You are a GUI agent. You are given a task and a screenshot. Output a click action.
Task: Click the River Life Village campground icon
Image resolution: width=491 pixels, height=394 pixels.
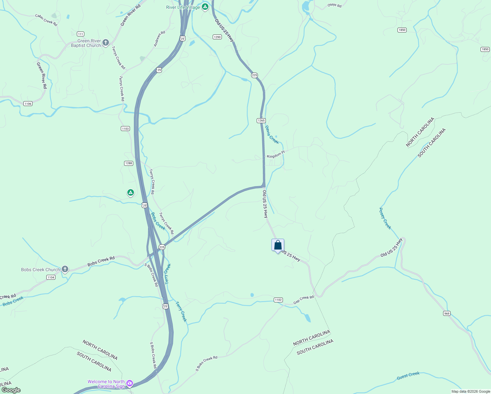[205, 7]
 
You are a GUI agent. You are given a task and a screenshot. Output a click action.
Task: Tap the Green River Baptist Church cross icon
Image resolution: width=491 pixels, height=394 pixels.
[105, 42]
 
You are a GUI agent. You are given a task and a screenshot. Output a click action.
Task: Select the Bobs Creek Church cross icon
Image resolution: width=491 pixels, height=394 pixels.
[65, 270]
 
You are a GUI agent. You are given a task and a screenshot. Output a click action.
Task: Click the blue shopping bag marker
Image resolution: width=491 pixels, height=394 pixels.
[278, 245]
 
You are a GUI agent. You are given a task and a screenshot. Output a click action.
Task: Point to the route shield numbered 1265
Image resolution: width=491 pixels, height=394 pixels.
[261, 120]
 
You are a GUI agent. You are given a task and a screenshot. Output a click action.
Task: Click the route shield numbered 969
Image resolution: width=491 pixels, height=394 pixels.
[447, 314]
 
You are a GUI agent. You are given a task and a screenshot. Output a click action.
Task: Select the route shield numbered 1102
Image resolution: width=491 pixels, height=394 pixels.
[278, 300]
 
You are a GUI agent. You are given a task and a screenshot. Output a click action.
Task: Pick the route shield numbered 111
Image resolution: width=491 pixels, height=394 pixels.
[80, 34]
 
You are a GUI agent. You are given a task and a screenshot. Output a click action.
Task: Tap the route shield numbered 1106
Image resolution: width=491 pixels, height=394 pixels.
[28, 104]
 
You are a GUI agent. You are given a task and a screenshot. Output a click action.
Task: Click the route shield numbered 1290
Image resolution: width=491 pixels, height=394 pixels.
[217, 37]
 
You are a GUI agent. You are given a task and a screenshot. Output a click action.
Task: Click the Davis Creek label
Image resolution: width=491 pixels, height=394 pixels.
[272, 135]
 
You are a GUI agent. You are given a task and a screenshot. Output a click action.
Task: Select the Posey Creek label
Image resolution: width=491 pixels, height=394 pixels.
[385, 219]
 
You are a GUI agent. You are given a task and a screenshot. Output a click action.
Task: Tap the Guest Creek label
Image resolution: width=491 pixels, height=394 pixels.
[408, 376]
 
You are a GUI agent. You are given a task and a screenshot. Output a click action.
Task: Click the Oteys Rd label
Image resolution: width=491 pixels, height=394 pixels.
[334, 5]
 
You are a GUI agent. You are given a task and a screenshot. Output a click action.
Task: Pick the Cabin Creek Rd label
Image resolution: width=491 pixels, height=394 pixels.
[46, 20]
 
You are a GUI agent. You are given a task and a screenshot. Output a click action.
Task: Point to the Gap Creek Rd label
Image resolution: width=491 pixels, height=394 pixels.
[304, 299]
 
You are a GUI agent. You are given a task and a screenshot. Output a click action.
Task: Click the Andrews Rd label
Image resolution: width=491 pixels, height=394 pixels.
[160, 39]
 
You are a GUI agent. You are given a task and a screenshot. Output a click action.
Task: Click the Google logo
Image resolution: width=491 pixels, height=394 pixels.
[11, 390]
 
